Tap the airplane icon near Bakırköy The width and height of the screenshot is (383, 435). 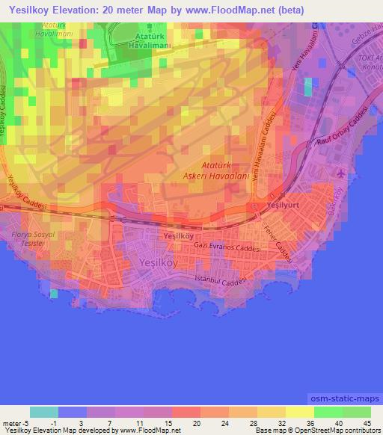point(342,173)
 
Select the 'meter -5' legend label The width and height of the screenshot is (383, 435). point(16,424)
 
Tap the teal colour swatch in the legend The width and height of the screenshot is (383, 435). point(44,412)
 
